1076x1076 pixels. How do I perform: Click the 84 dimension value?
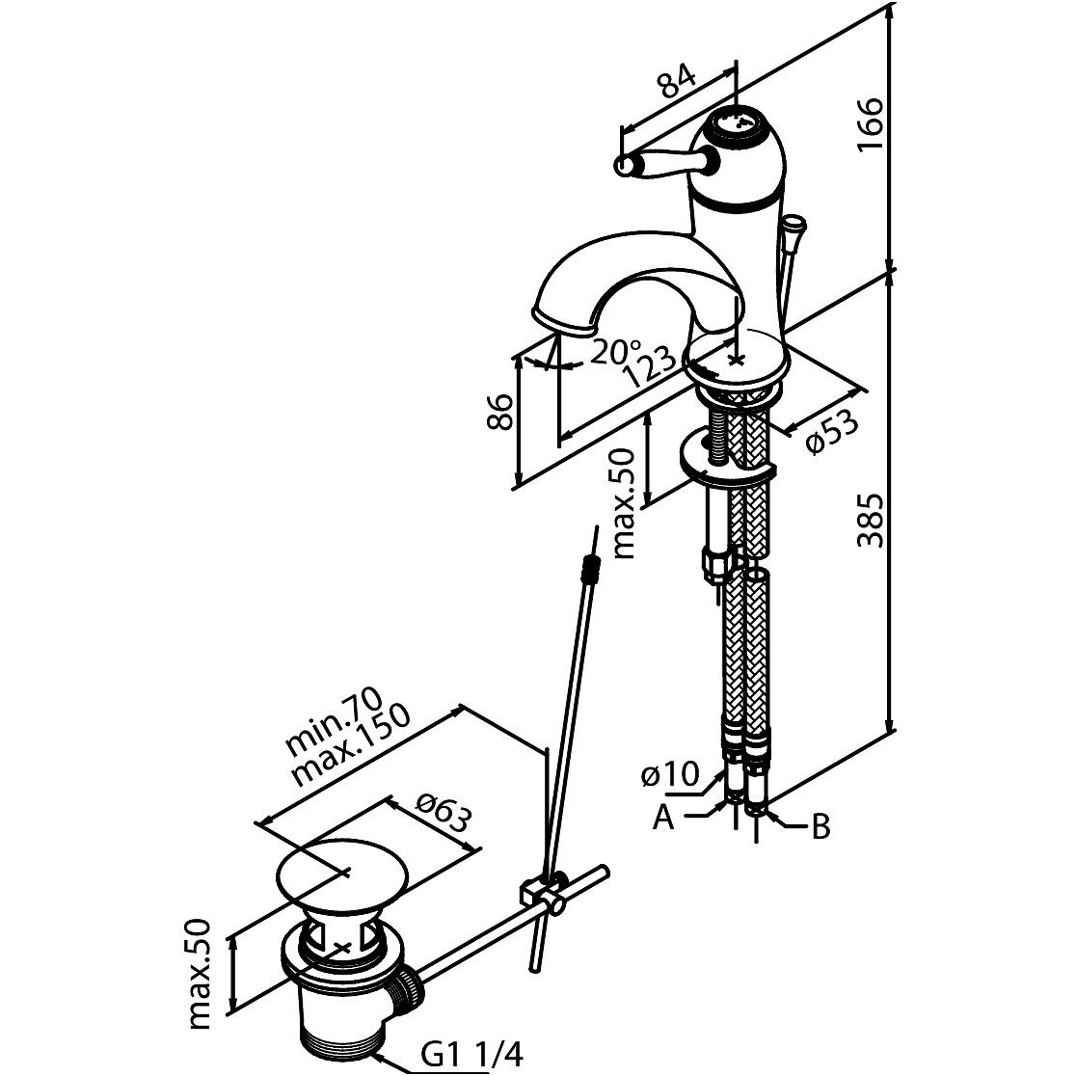point(678,84)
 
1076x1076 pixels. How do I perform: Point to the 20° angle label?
point(615,353)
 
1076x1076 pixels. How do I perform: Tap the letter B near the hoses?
point(820,826)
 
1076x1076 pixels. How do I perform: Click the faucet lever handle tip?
point(626,168)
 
